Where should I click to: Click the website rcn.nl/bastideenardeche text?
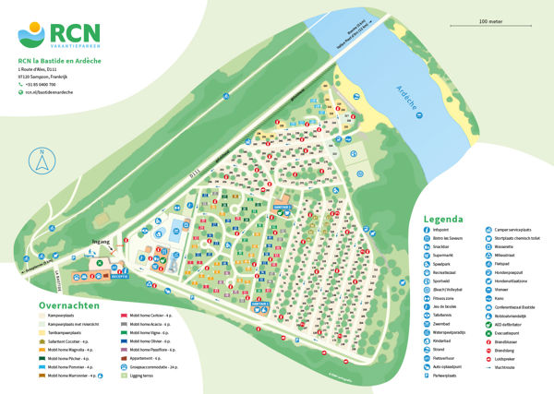point(50,93)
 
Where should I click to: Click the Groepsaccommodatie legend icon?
point(124,367)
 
